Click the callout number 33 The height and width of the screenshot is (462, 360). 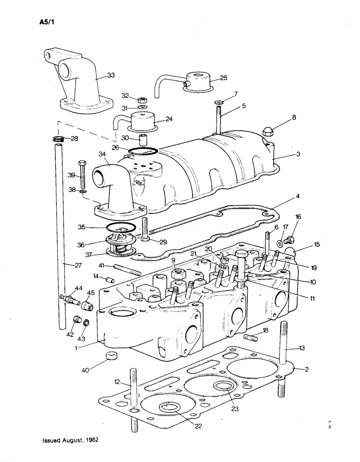pos(111,75)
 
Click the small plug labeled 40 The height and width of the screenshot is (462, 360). pos(110,357)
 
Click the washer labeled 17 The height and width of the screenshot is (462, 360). pos(281,243)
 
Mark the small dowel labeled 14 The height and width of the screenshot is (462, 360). pos(110,279)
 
